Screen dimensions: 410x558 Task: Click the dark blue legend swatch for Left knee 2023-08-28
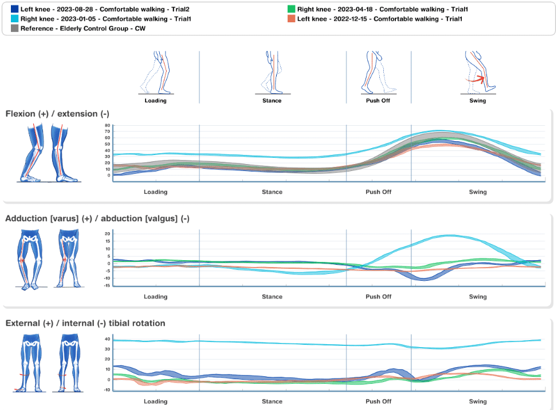coord(15,10)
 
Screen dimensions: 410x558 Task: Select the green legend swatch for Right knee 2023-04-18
coord(291,10)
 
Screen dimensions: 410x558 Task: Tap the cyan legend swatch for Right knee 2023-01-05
coord(15,19)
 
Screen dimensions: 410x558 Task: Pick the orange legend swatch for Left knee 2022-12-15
coord(291,19)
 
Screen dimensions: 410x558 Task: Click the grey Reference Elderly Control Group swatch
coord(15,28)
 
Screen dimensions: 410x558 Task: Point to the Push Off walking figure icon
coord(378,73)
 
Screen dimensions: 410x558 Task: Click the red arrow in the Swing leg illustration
coord(477,80)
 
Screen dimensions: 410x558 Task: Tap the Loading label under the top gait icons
coord(155,101)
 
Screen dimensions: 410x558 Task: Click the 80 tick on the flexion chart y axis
coord(107,125)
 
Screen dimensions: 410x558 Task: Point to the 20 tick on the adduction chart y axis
coord(107,233)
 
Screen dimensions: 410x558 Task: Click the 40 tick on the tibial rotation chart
coord(107,339)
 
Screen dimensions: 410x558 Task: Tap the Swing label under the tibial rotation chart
coord(478,401)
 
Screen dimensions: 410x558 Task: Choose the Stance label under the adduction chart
coord(272,297)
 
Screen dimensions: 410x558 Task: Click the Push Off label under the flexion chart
coord(378,192)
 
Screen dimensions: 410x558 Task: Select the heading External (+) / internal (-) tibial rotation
coord(85,324)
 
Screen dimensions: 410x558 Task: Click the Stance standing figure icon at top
coord(272,73)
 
